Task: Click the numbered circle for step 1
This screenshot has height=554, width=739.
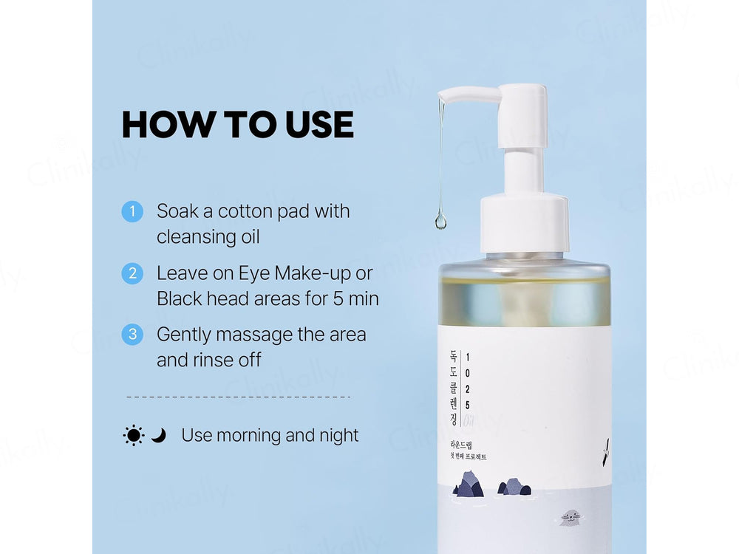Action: click(x=132, y=211)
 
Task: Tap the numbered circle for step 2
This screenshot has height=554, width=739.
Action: click(x=132, y=273)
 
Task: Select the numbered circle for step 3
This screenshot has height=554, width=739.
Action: click(x=132, y=334)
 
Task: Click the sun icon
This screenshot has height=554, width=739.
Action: click(x=134, y=435)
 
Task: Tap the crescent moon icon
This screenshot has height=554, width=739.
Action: click(x=159, y=436)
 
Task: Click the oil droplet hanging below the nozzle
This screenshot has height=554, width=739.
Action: click(x=440, y=220)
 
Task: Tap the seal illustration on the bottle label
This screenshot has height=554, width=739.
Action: click(x=569, y=518)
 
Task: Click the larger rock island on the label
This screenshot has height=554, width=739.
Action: click(x=469, y=485)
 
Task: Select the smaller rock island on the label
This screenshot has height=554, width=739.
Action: click(x=514, y=487)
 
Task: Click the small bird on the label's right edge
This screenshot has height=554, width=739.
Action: click(x=605, y=445)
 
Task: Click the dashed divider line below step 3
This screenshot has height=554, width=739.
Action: click(x=238, y=397)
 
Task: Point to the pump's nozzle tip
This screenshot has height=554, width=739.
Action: click(x=441, y=96)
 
